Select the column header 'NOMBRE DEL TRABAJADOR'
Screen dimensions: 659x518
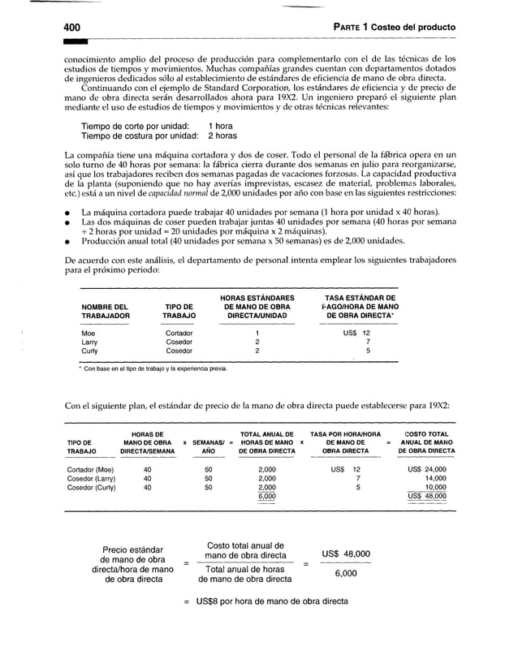pos(106,309)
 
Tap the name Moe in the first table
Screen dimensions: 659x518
pos(88,334)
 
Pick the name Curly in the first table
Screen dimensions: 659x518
pos(90,351)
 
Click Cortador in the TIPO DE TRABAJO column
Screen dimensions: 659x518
pos(179,334)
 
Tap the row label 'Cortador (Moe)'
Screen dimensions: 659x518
pos(91,469)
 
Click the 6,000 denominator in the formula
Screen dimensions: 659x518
pos(345,573)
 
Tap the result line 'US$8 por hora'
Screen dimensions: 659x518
pos(265,601)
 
